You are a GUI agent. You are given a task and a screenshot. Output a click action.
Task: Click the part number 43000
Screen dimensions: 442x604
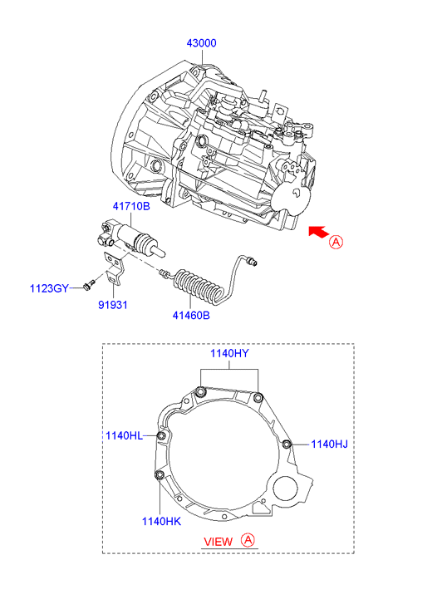tap(201, 42)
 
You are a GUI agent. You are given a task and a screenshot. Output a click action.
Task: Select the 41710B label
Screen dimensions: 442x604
tap(131, 206)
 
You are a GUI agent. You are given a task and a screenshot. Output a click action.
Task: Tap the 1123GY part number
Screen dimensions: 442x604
tap(49, 288)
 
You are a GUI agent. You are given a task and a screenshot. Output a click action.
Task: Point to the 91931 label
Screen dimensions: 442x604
tap(112, 305)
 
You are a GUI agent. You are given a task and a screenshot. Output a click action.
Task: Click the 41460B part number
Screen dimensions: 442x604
tap(191, 315)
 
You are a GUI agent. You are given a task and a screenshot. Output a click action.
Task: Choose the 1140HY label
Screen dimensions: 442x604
tap(229, 353)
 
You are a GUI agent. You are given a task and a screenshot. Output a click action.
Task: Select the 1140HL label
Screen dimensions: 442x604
tap(124, 435)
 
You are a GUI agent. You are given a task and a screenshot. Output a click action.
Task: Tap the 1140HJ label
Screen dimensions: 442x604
tap(329, 444)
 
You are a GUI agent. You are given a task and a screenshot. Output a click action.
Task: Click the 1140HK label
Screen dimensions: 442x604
tap(161, 521)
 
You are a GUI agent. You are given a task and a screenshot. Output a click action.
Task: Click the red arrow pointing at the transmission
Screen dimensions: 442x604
tap(318, 232)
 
